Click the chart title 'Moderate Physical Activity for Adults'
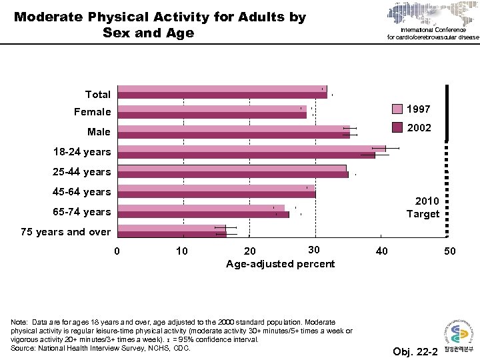[160, 25]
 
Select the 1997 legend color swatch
[397, 109]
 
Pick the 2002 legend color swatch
[397, 127]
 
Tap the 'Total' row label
[98, 95]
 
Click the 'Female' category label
[93, 112]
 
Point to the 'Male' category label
[99, 132]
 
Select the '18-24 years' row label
[82, 152]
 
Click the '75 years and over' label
[66, 232]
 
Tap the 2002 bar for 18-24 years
[247, 155]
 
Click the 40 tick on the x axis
[381, 251]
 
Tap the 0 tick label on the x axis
[117, 251]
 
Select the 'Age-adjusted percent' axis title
[280, 264]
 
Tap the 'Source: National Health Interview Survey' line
[101, 347]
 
